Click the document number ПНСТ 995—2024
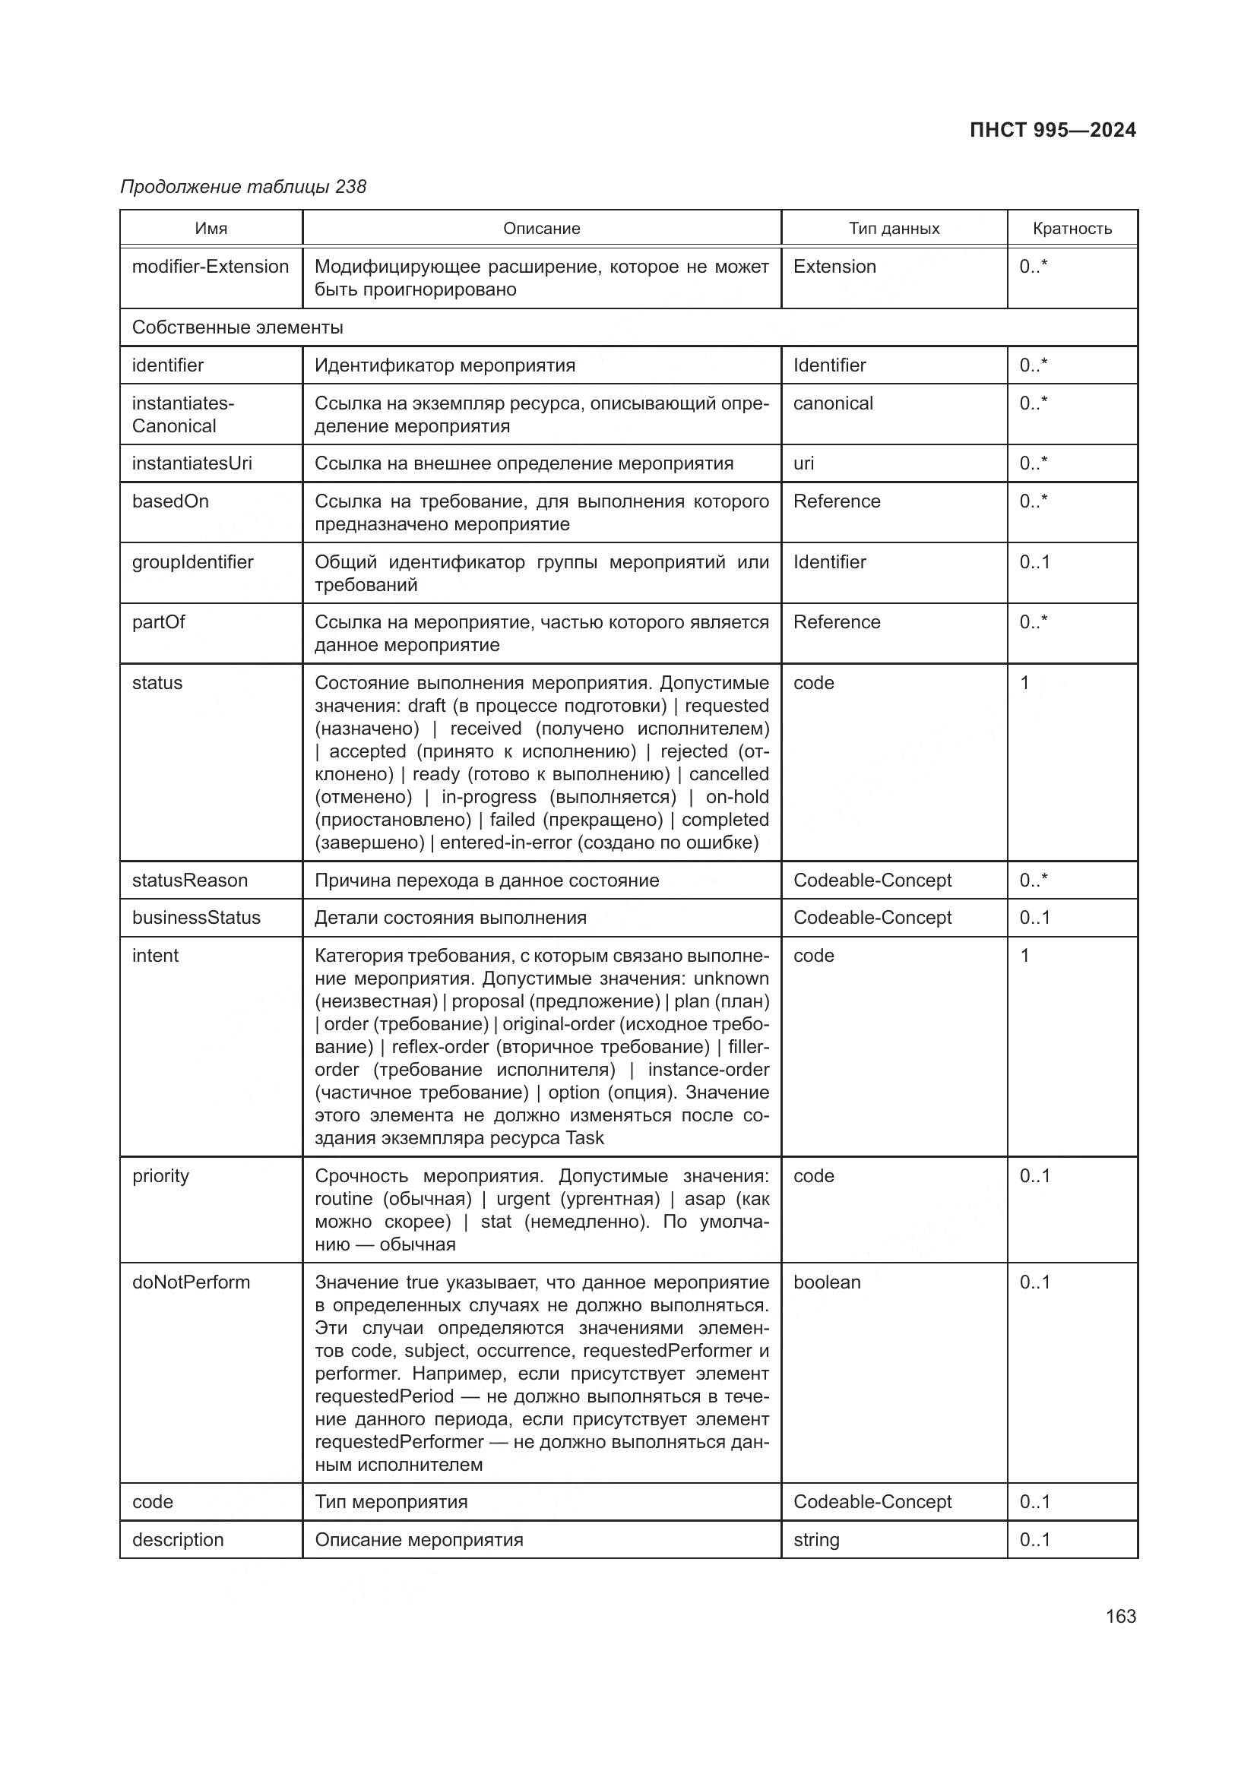tap(1052, 130)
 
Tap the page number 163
tap(1121, 1616)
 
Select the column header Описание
tap(541, 229)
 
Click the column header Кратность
tap(1072, 229)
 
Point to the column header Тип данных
tap(894, 229)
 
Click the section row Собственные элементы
tap(238, 327)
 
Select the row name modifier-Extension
tap(211, 267)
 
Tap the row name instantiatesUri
tap(192, 463)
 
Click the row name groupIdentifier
tap(193, 563)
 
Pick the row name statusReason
tap(190, 881)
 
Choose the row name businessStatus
tap(197, 918)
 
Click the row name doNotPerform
tap(192, 1282)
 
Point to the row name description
tap(178, 1540)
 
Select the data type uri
tap(803, 463)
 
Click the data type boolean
tap(827, 1282)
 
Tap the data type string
tap(815, 1540)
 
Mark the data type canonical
tap(833, 403)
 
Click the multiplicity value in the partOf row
tap(1034, 623)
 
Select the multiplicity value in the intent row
tap(1024, 956)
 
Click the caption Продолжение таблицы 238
tap(243, 188)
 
